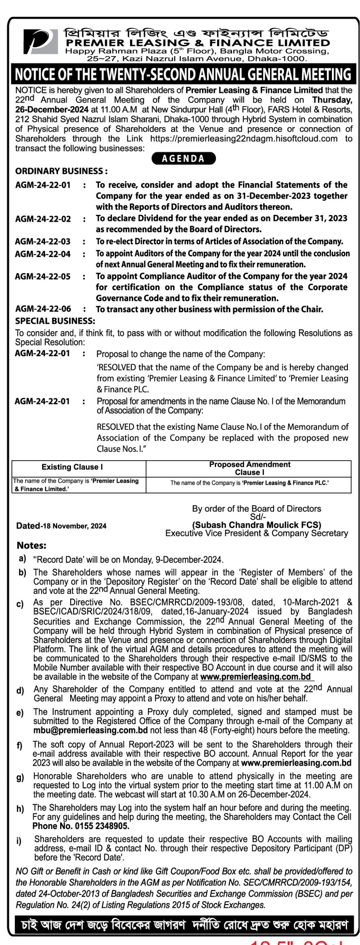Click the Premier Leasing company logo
click(x=41, y=42)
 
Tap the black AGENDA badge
click(x=184, y=158)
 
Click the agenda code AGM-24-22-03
click(x=43, y=242)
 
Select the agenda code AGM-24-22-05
click(x=43, y=276)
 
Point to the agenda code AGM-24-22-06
click(x=43, y=309)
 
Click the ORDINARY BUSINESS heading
click(x=61, y=171)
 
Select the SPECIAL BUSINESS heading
click(x=55, y=321)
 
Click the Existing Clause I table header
click(x=72, y=467)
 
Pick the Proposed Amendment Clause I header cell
click(x=250, y=468)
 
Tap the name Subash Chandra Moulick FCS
click(x=257, y=525)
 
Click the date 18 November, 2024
click(x=75, y=526)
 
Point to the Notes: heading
click(x=32, y=546)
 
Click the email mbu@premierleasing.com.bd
click(x=90, y=730)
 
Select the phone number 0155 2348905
click(x=102, y=826)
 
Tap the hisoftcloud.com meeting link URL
click(x=244, y=139)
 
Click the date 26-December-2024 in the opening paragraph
click(x=52, y=110)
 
